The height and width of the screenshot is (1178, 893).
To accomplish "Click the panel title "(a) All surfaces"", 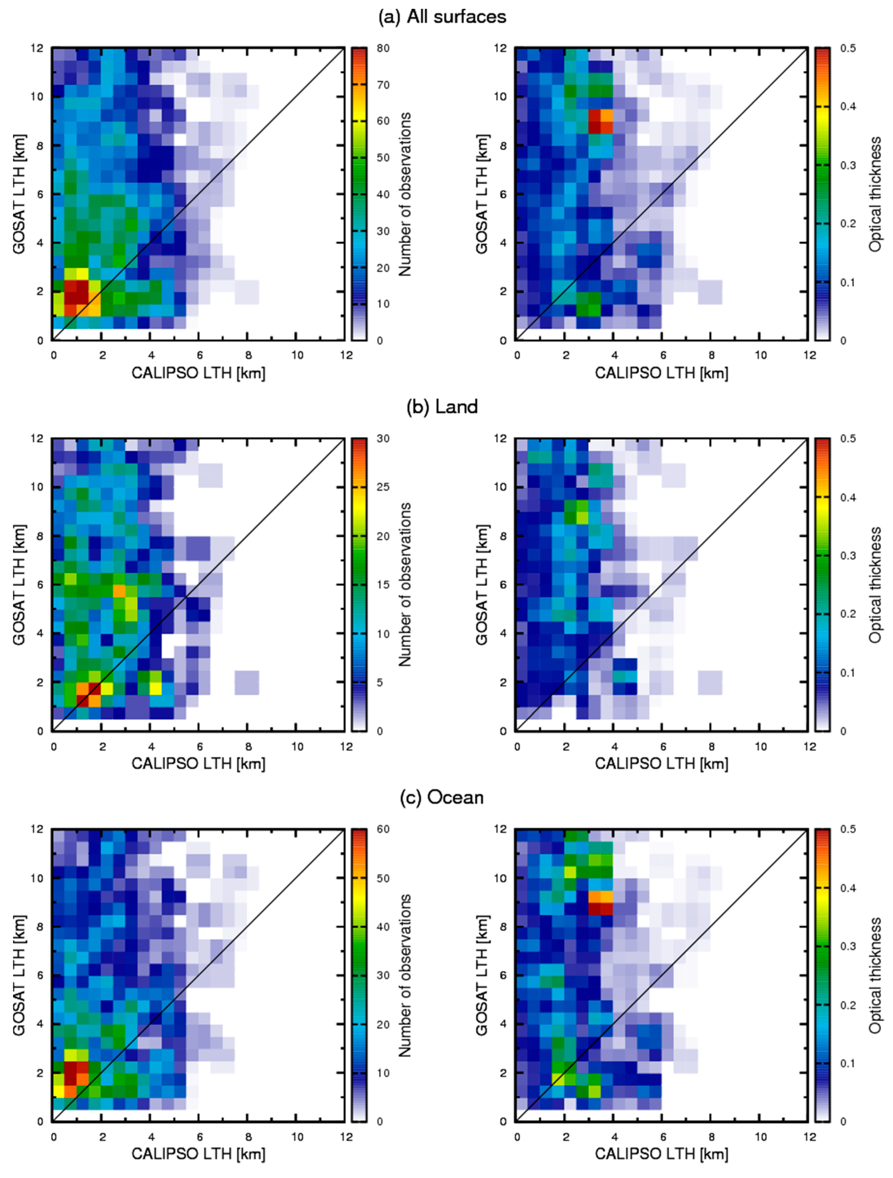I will click(442, 17).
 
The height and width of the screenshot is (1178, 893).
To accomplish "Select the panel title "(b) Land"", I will click(442, 407).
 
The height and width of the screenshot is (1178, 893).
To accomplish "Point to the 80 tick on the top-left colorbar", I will click(383, 48).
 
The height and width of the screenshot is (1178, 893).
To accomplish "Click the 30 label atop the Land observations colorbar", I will click(383, 438).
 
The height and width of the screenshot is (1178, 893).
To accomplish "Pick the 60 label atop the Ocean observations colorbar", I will click(383, 829).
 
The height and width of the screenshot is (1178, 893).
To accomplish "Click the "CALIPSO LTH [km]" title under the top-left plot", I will click(198, 373).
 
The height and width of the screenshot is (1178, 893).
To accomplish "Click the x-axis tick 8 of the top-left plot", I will click(248, 355).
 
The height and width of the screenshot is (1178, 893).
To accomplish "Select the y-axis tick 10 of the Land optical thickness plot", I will click(501, 487).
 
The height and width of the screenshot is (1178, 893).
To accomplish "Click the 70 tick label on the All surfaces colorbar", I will click(383, 85).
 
